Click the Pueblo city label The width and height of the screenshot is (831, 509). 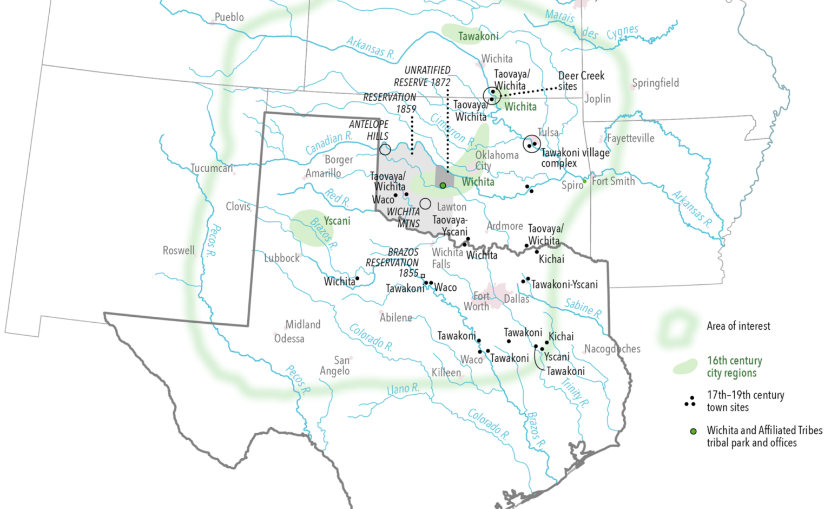[x=229, y=17]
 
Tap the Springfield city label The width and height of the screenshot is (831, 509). [x=655, y=83]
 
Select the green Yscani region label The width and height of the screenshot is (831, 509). [x=337, y=221]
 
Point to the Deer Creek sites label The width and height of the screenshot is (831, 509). [x=581, y=81]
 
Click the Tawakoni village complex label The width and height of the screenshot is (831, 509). [x=575, y=158]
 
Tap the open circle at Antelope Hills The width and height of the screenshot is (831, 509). [x=385, y=149]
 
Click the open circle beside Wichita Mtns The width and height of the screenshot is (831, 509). [x=425, y=204]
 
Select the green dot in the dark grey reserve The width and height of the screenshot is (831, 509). [x=443, y=186]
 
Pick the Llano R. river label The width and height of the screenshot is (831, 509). [x=403, y=389]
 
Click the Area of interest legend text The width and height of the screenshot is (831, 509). [x=738, y=326]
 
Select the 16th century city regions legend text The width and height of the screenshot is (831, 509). [x=734, y=367]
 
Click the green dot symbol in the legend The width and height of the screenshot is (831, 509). [x=692, y=432]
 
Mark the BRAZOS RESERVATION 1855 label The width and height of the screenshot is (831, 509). [x=393, y=263]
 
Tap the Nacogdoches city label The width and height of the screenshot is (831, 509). [x=612, y=349]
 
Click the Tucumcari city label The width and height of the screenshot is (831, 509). [x=212, y=168]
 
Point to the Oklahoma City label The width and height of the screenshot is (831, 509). [x=496, y=160]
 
